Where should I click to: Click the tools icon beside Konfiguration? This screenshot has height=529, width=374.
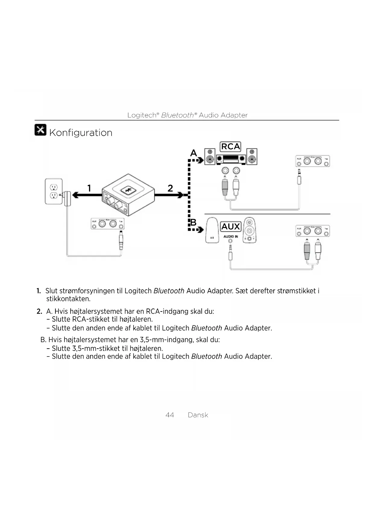(x=40, y=130)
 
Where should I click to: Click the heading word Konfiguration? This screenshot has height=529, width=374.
(x=80, y=133)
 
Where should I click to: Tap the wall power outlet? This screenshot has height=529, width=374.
(x=54, y=191)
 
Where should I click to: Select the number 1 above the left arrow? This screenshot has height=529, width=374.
(x=89, y=188)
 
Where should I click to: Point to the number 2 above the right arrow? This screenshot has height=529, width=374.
(x=170, y=188)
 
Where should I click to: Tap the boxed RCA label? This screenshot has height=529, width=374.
(x=231, y=147)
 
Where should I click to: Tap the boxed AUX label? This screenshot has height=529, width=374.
(x=231, y=226)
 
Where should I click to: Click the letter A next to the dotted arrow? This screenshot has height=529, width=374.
(x=193, y=153)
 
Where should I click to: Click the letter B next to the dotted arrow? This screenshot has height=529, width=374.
(x=193, y=223)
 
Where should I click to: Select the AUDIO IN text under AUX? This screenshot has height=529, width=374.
(x=231, y=236)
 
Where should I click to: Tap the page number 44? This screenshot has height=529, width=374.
(x=170, y=415)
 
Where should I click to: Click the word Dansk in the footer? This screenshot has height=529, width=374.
(x=198, y=415)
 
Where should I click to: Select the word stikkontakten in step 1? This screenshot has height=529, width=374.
(x=68, y=299)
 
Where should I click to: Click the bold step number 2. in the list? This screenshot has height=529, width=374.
(x=39, y=311)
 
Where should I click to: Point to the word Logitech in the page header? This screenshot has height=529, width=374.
(x=142, y=115)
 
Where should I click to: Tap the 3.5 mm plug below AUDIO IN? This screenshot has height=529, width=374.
(x=231, y=253)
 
